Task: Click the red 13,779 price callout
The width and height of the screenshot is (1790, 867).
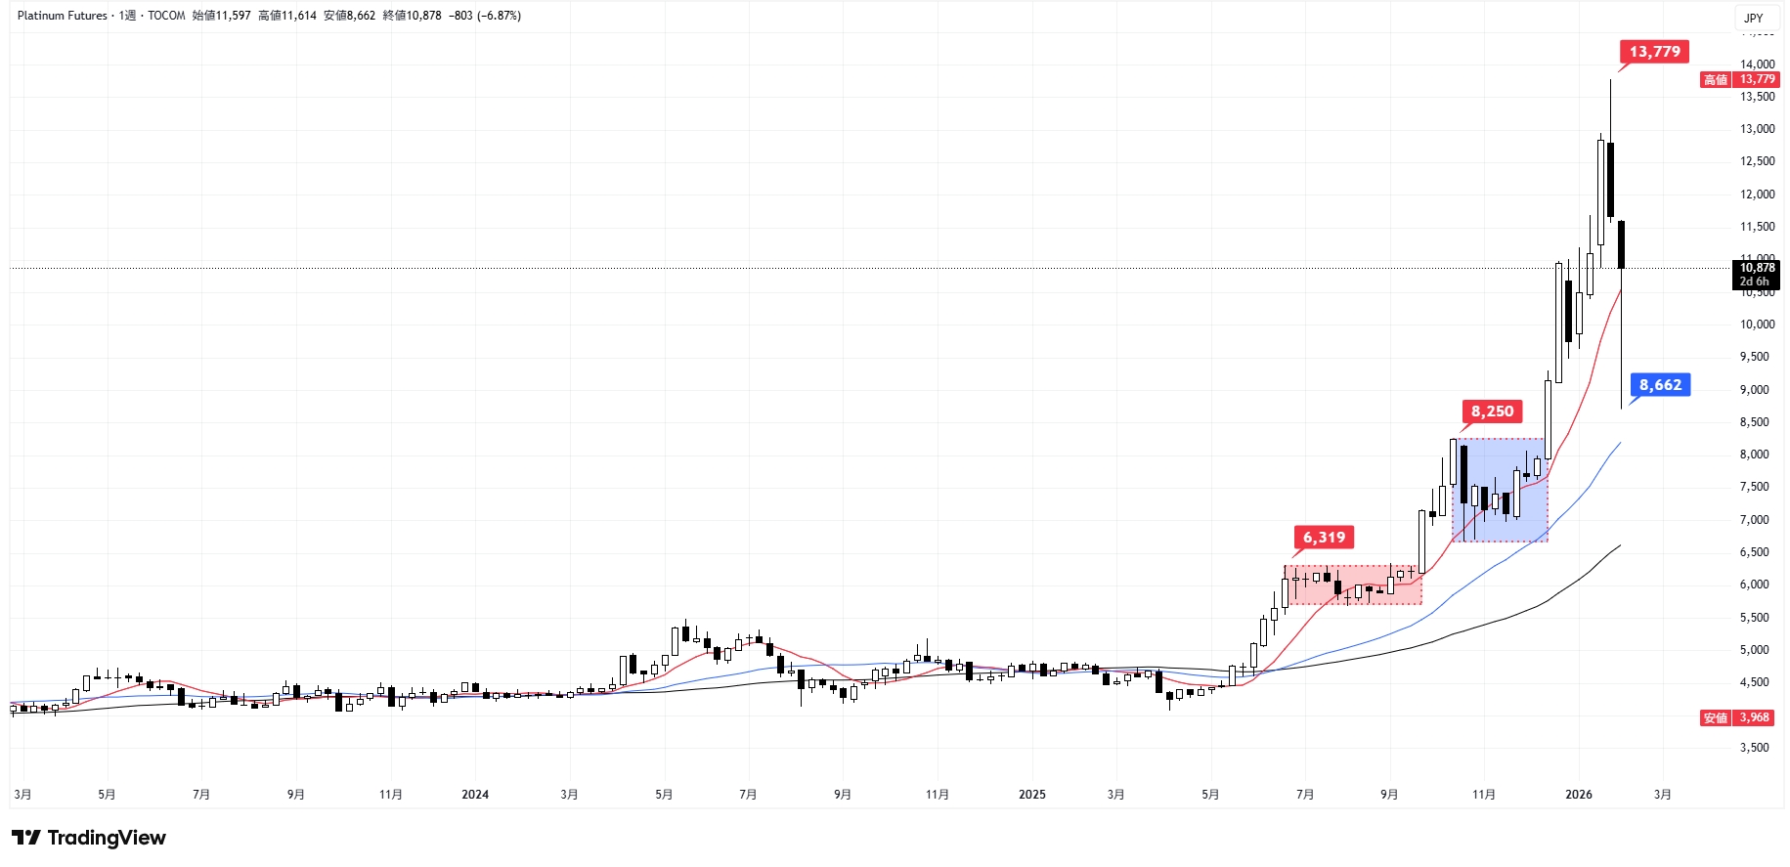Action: [1654, 52]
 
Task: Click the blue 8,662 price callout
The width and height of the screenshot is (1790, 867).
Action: [1660, 385]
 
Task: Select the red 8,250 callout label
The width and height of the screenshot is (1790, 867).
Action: [1492, 412]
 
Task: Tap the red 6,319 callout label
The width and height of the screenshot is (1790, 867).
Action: [1324, 538]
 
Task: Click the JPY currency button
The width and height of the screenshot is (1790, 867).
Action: [1754, 18]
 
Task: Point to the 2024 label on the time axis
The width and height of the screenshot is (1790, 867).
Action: [475, 795]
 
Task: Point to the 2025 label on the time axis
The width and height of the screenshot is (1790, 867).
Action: [1032, 795]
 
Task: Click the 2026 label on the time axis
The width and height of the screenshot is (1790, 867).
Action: [1579, 795]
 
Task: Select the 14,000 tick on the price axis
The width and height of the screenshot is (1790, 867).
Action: [1757, 65]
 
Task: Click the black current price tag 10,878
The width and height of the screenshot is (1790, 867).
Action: [1757, 274]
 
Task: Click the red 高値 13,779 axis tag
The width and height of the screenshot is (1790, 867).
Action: [1738, 80]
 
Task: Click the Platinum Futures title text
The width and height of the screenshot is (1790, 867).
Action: [63, 16]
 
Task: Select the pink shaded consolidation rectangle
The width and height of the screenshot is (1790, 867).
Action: [1354, 585]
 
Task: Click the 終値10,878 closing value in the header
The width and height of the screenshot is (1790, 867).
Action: [413, 16]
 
